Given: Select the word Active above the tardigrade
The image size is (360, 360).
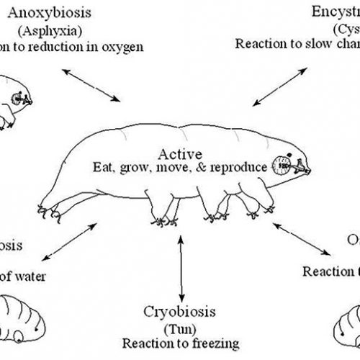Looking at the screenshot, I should point(183,153).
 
